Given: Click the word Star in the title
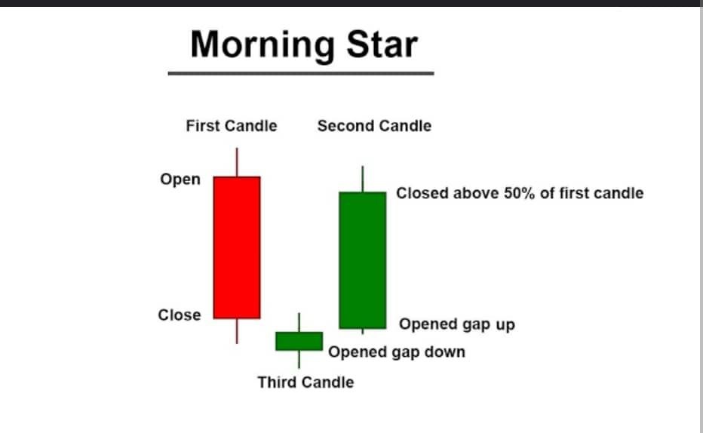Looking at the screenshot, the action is pos(382,44).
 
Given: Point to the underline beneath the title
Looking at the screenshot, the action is pos(301,73).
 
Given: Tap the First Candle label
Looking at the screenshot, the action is pos(232,126).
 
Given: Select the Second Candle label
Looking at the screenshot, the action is pos(374,126).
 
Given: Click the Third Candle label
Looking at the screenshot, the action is pos(305,382).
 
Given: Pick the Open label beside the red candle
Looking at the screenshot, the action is pos(180,180).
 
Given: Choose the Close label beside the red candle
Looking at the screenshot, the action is pos(180,315).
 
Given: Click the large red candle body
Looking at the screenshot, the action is pos(237,248).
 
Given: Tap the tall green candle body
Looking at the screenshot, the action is pos(363,260).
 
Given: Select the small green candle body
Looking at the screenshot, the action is pos(299,341).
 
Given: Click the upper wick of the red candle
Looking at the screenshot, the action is pos(237,162).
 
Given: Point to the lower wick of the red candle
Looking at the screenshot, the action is pos(237,331).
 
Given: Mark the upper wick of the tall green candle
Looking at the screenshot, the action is pos(363,179).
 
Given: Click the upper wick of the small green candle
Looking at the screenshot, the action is pos(299,322).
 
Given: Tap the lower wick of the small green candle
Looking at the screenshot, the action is pos(299,359).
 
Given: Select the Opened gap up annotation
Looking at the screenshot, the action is pos(457,324).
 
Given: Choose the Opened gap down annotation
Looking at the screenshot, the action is pos(397,352).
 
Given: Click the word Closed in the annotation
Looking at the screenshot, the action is pos(422,193).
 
